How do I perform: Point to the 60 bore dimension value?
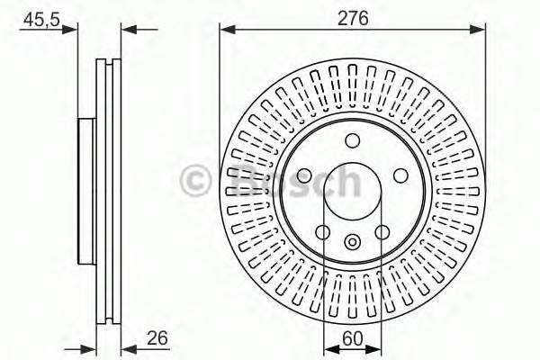[x=352, y=340]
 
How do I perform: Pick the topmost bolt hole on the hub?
[x=352, y=139]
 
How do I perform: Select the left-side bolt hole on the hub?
[x=304, y=175]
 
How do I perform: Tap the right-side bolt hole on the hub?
[x=400, y=175]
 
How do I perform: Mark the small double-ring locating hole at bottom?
[x=352, y=240]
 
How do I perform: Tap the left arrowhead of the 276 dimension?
[x=226, y=29]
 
